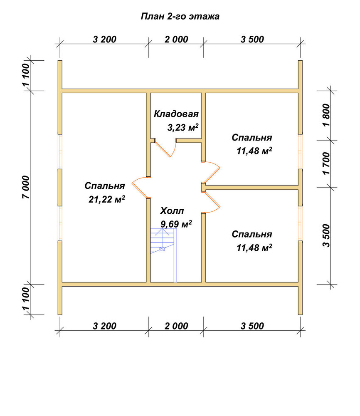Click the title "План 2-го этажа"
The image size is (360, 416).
coord(180,17)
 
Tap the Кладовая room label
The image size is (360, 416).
coord(176,114)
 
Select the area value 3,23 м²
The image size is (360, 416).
coord(182,128)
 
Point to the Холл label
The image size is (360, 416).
coord(172,211)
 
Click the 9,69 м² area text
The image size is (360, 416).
coord(176,224)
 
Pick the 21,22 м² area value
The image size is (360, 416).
coord(107,199)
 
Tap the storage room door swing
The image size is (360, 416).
coord(165,148)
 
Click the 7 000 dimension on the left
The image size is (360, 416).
coord(26,187)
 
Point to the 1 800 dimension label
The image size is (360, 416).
coord(326,115)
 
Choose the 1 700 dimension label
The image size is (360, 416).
coord(326,163)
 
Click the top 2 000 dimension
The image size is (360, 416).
coord(176,40)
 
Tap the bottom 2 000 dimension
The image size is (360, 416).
coord(176,326)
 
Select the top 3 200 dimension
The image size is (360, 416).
coord(104,40)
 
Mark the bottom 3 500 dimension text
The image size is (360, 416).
coord(252,326)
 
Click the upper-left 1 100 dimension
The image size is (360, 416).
coord(26,75)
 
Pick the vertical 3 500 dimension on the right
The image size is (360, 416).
coord(326,235)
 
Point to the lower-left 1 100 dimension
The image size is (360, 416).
coord(26,299)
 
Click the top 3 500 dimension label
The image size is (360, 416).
coord(252,40)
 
